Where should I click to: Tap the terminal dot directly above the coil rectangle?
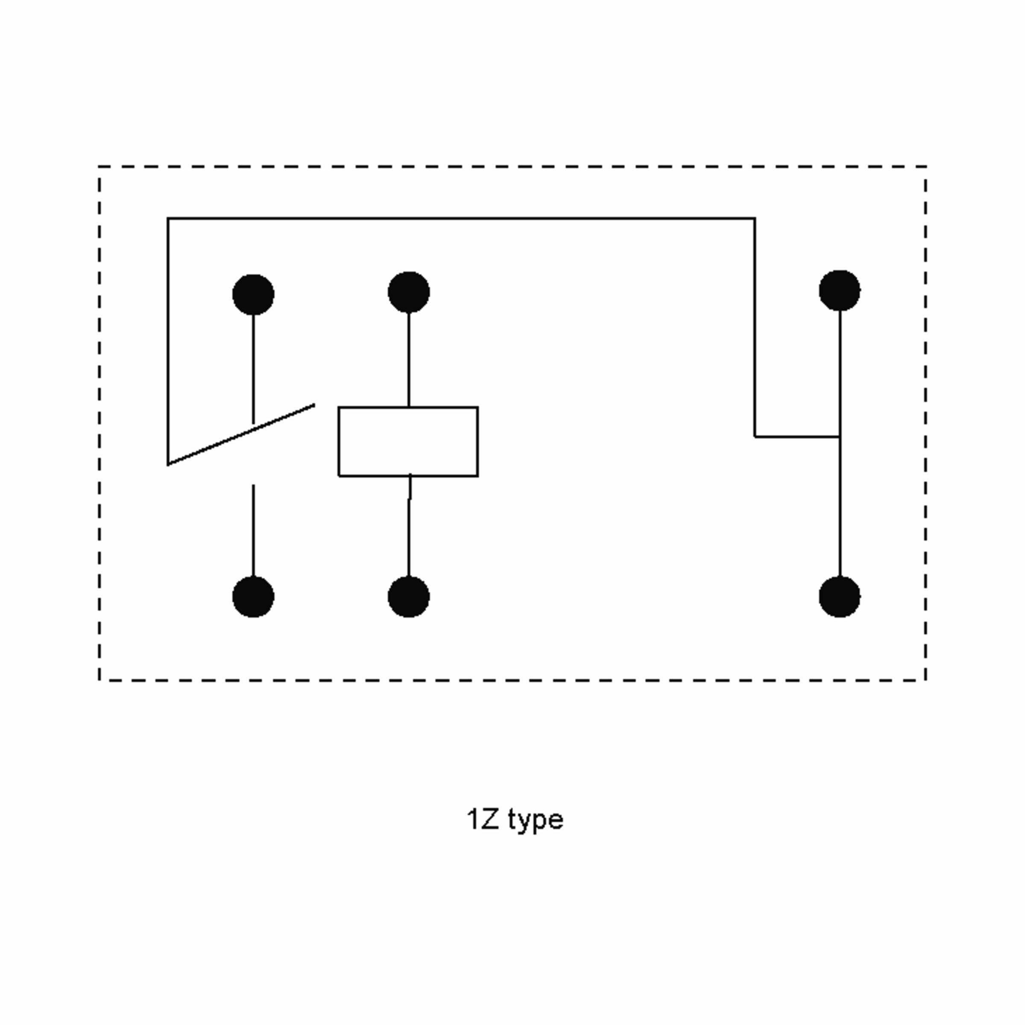[x=409, y=292]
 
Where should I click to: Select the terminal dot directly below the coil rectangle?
[x=409, y=597]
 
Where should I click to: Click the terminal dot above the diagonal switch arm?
[x=253, y=294]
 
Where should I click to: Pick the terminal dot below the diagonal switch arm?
[x=253, y=597]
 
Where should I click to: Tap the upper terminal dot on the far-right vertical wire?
[x=840, y=290]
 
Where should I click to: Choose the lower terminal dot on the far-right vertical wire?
[x=840, y=597]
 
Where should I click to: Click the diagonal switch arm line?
[x=241, y=434]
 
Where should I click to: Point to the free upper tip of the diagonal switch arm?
[x=315, y=405]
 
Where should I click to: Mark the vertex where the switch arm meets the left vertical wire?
[x=168, y=465]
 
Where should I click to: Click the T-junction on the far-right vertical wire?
[x=840, y=436]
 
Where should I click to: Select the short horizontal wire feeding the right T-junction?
[x=797, y=436]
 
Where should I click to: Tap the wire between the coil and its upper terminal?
[x=409, y=360]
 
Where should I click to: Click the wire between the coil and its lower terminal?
[x=409, y=526]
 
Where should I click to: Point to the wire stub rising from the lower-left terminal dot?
[x=253, y=530]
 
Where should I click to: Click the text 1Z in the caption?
[x=483, y=819]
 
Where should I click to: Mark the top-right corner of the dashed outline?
[x=926, y=167]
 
